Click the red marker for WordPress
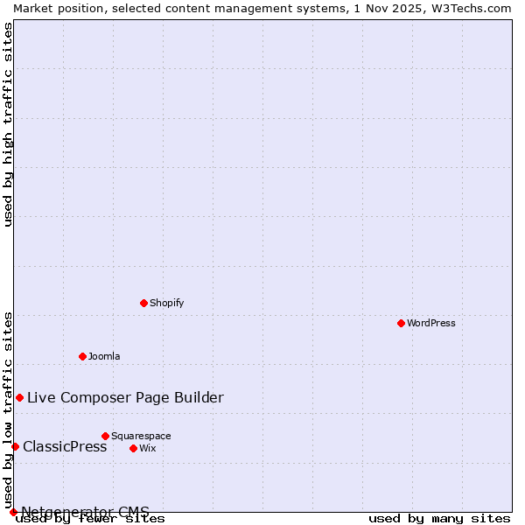(x=401, y=323)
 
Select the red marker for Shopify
(x=143, y=303)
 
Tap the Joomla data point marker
(x=82, y=356)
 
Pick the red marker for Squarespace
(x=105, y=436)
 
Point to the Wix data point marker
(x=133, y=448)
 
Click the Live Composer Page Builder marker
(x=19, y=397)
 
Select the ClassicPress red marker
(x=15, y=446)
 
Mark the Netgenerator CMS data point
(x=13, y=512)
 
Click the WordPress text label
(x=431, y=323)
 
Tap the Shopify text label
(x=166, y=303)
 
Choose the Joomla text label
(x=104, y=356)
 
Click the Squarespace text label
(x=141, y=436)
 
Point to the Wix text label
(x=147, y=448)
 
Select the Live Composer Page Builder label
(x=125, y=397)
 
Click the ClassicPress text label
(x=65, y=446)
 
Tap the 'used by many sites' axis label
(x=439, y=519)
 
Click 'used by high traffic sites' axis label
(x=8, y=124)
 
